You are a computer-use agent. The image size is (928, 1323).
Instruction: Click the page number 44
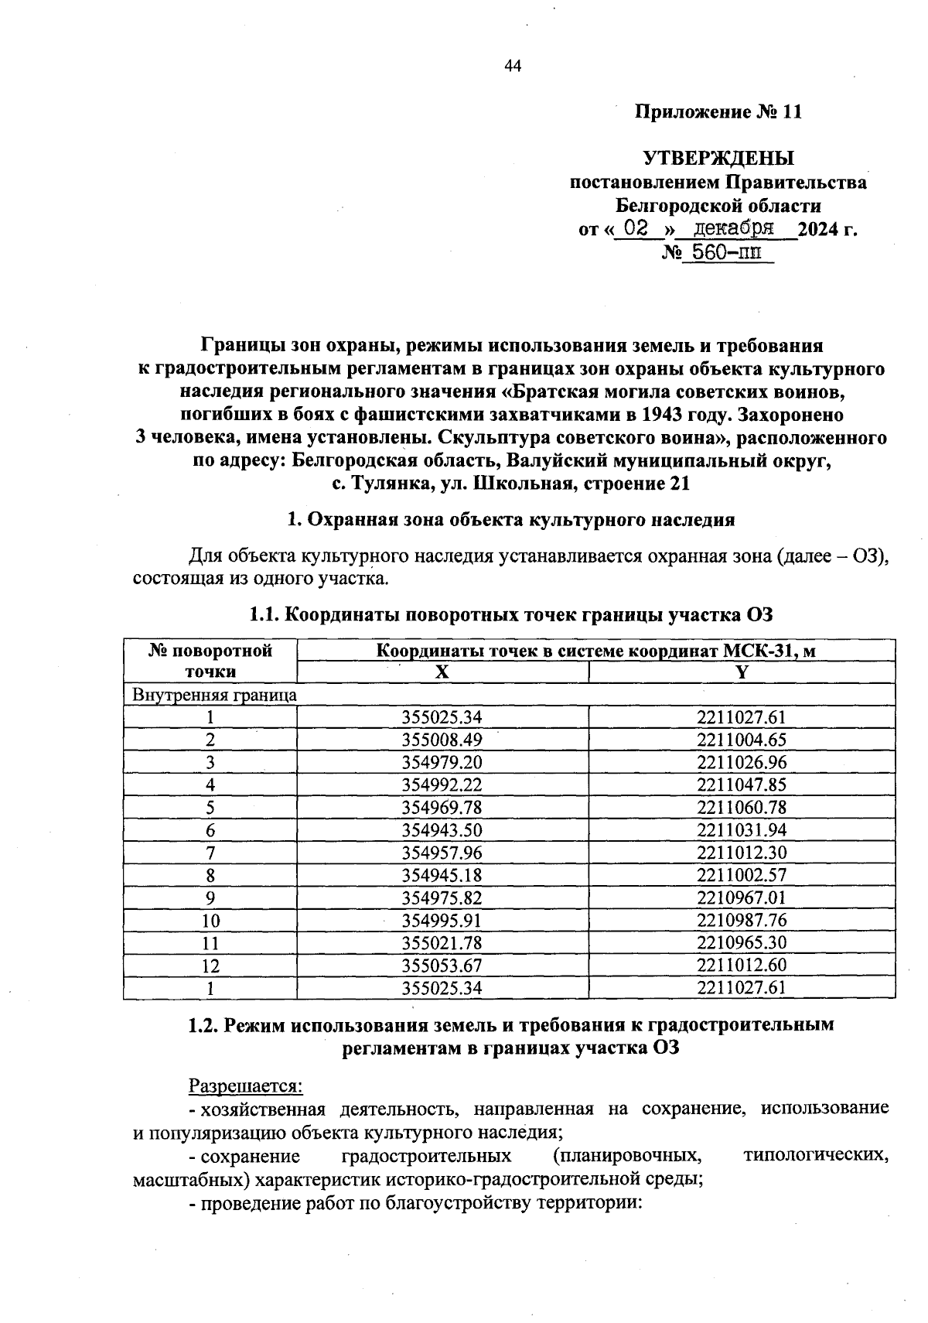click(x=513, y=67)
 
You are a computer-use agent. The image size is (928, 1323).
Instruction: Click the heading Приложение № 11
click(x=718, y=112)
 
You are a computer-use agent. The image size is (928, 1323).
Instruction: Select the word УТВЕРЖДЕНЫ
click(x=718, y=159)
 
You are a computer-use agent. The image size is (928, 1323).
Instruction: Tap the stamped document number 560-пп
click(x=725, y=252)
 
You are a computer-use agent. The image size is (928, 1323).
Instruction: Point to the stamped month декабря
click(x=734, y=228)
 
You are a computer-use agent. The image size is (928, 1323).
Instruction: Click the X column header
click(x=442, y=672)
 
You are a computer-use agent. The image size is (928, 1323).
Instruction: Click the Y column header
click(x=741, y=672)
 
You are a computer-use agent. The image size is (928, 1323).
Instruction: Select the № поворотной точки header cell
click(x=210, y=661)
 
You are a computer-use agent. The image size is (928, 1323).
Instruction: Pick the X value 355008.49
click(x=442, y=740)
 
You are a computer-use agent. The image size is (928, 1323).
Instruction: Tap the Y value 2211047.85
click(x=741, y=785)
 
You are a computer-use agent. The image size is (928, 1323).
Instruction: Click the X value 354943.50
click(x=442, y=830)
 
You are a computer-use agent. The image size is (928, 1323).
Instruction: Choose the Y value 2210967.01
click(x=741, y=897)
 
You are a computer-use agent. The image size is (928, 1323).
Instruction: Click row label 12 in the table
click(x=210, y=966)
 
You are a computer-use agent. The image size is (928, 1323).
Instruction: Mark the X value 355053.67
click(x=442, y=966)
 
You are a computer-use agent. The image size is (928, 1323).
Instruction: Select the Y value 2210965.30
click(x=741, y=943)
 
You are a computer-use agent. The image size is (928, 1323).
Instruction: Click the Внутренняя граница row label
click(x=214, y=695)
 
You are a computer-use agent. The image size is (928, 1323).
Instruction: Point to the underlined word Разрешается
click(x=245, y=1086)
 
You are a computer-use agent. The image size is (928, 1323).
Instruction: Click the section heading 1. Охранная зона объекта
click(x=510, y=520)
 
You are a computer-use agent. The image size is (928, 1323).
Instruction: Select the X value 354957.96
click(x=442, y=853)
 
